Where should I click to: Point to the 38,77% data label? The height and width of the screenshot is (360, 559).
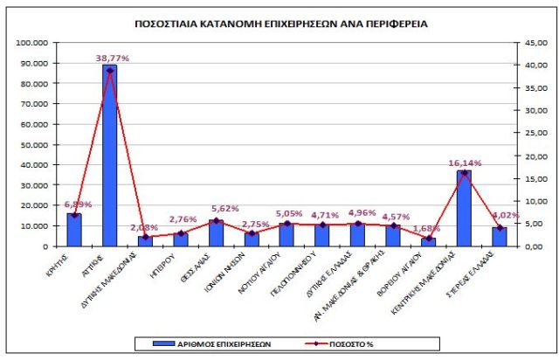click(112, 58)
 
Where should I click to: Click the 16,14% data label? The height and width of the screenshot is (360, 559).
click(466, 163)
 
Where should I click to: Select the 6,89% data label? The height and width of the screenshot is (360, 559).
click(73, 204)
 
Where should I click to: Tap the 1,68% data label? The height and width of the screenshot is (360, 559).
click(428, 229)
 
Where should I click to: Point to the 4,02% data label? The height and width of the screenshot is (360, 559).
click(505, 216)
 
